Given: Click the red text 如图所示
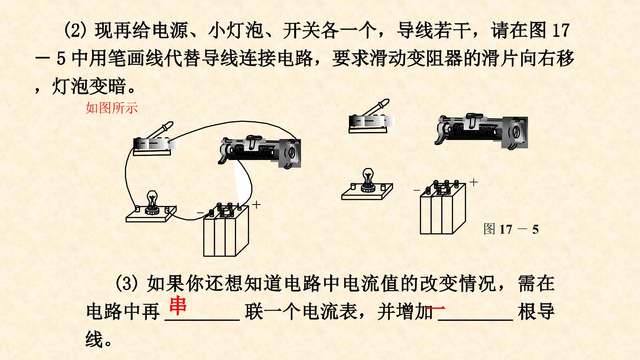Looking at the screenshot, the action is point(112,108).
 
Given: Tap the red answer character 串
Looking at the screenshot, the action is point(178,305).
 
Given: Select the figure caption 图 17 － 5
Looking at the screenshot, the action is point(511,229).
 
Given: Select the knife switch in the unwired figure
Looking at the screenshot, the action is point(371,117).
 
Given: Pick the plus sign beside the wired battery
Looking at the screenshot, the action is point(256,204).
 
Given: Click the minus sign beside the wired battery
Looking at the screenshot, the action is point(200,213).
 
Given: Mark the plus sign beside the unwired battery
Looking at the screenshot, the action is point(473,182).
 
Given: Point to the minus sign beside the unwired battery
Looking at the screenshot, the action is point(417,190).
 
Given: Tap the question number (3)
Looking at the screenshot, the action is point(128,283).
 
